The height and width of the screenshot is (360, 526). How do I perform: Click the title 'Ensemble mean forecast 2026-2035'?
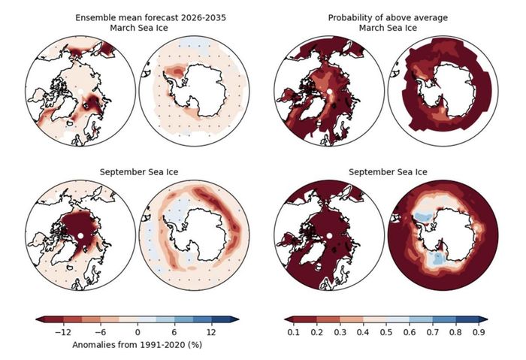(150, 18)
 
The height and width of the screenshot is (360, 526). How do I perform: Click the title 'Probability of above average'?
(388, 18)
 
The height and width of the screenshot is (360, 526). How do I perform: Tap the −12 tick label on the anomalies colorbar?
(63, 332)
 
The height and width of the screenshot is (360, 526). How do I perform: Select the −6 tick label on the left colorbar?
(100, 332)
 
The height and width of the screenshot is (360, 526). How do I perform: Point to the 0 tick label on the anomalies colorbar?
(138, 332)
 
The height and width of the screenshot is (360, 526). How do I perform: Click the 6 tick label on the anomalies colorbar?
(174, 332)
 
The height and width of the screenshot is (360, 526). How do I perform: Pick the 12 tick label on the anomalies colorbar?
(211, 332)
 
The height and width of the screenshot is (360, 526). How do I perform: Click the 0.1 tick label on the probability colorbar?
(294, 332)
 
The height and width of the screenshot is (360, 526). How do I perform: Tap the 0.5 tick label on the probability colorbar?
(386, 332)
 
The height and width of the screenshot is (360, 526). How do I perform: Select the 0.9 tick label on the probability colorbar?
(479, 332)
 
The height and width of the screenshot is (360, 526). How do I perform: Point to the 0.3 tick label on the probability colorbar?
(340, 332)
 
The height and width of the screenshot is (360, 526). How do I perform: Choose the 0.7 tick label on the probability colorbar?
(432, 332)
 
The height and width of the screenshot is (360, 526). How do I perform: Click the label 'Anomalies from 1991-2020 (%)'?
(138, 345)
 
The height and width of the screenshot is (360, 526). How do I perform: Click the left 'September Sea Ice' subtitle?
(139, 172)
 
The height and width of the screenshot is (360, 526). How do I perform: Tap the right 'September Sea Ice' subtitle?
(388, 172)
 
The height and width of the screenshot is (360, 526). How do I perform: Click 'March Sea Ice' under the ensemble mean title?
(139, 28)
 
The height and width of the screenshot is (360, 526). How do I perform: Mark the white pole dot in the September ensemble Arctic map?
(80, 236)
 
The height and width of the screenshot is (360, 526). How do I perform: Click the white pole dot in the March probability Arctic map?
(329, 91)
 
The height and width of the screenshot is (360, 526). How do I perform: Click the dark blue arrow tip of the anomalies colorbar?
(238, 319)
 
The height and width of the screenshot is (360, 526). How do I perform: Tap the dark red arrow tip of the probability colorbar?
(285, 319)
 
